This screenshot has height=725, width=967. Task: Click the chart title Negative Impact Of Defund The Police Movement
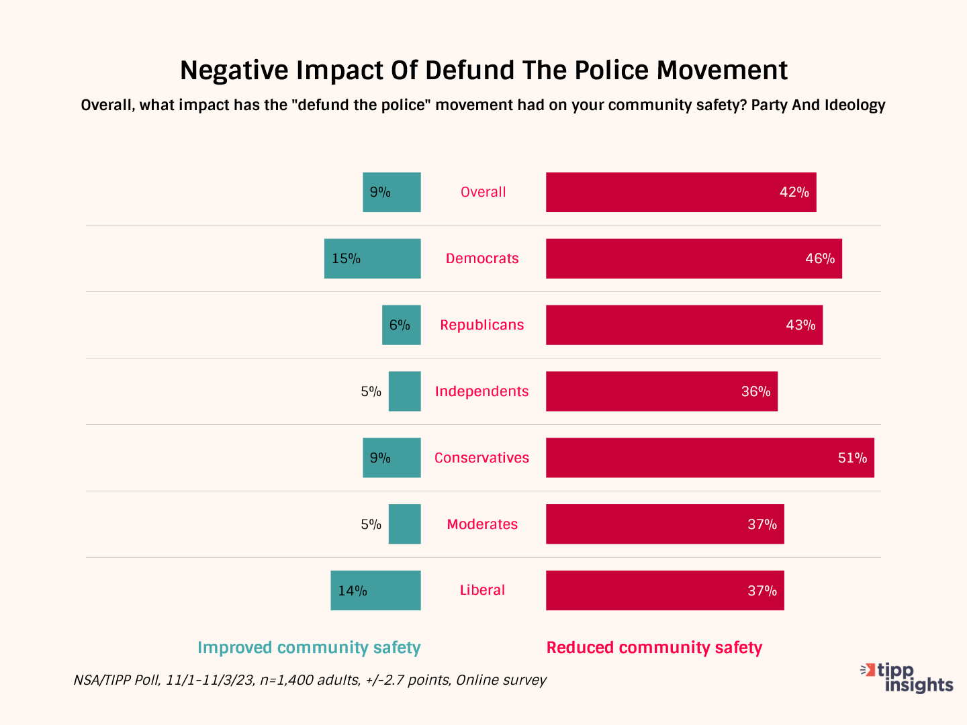click(x=483, y=70)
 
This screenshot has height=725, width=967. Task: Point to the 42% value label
click(x=794, y=192)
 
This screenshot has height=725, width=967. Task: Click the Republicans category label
click(x=482, y=325)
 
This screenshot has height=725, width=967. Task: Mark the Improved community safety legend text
click(x=309, y=648)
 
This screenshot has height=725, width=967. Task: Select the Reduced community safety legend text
click(x=654, y=648)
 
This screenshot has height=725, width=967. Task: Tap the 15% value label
click(x=347, y=258)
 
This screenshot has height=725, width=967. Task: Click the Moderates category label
click(x=482, y=524)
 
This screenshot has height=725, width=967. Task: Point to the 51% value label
click(x=852, y=458)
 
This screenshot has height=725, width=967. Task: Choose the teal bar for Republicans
click(x=402, y=325)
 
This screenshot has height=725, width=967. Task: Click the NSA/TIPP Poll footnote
click(x=310, y=680)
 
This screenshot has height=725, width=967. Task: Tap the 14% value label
click(x=353, y=591)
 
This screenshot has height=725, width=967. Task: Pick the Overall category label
click(x=483, y=192)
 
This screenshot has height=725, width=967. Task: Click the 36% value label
click(x=755, y=391)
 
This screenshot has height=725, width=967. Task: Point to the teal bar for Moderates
click(x=405, y=524)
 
